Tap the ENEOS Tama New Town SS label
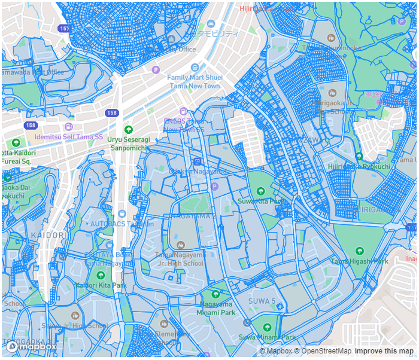point(184,125)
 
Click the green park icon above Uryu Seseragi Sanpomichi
point(128,130)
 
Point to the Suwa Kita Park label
point(260,202)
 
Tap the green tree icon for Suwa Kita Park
point(260,191)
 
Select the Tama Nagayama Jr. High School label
point(180,259)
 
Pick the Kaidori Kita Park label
point(101,285)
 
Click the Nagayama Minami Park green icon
point(216,294)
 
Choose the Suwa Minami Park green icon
point(267,327)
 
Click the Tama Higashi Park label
point(360,261)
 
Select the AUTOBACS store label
point(122,223)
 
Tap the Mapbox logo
point(32,346)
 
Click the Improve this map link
point(384,351)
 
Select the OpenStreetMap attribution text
point(323,351)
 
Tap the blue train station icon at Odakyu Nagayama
point(198,161)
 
